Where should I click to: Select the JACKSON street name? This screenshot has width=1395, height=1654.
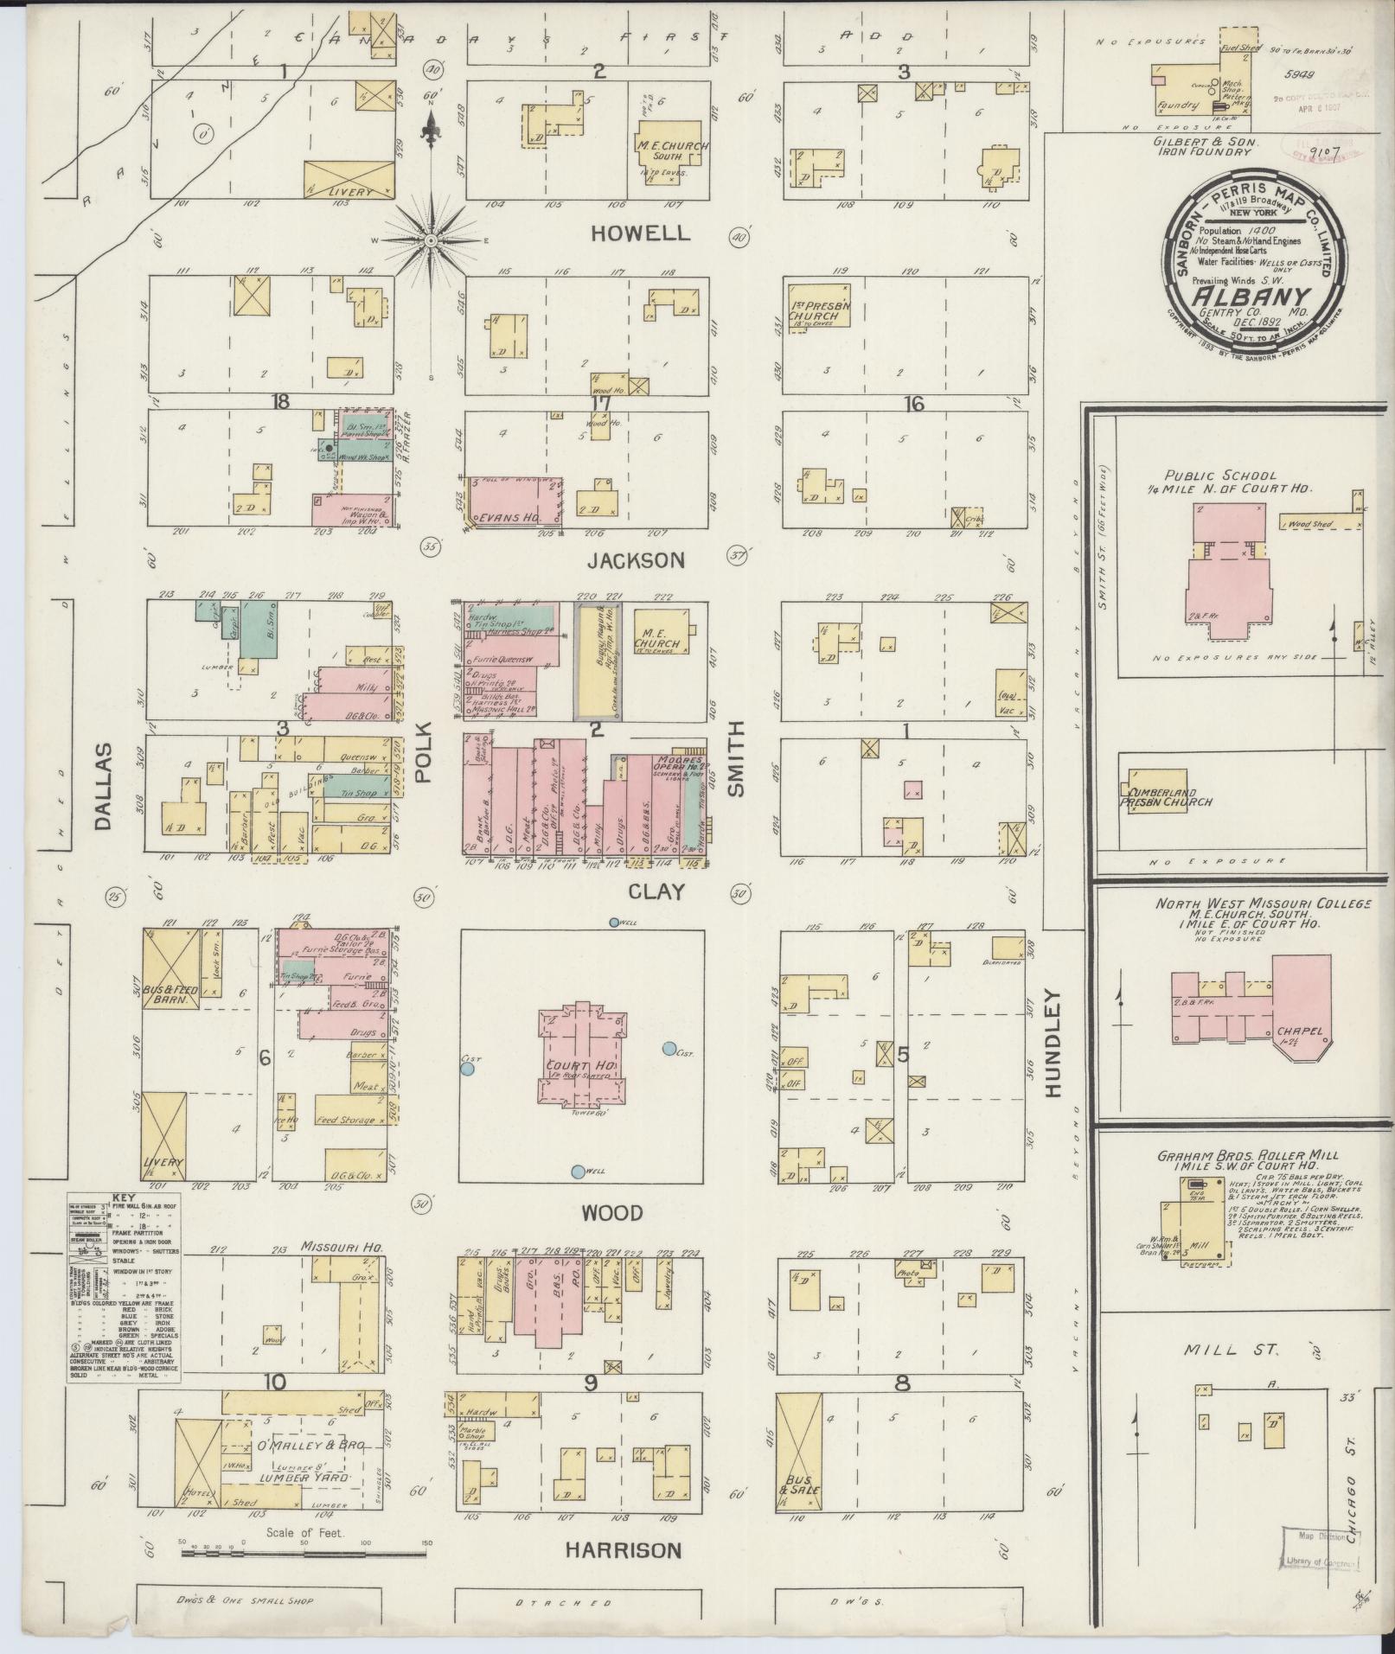pyautogui.click(x=636, y=561)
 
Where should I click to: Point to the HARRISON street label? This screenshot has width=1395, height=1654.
pyautogui.click(x=623, y=1550)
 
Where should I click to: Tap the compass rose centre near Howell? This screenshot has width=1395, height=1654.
pyautogui.click(x=429, y=239)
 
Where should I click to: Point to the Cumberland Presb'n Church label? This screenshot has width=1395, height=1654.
pyautogui.click(x=1166, y=797)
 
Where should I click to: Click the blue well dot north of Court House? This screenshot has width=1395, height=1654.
pyautogui.click(x=614, y=923)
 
